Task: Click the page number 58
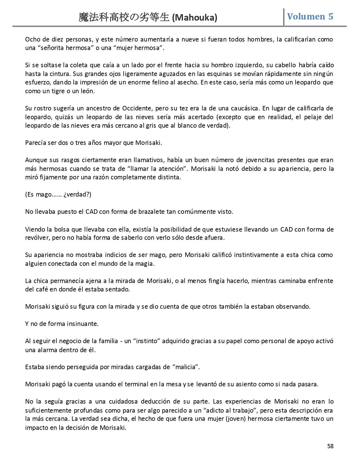(330, 446)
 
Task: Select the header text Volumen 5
(310, 17)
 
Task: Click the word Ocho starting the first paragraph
(32, 39)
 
